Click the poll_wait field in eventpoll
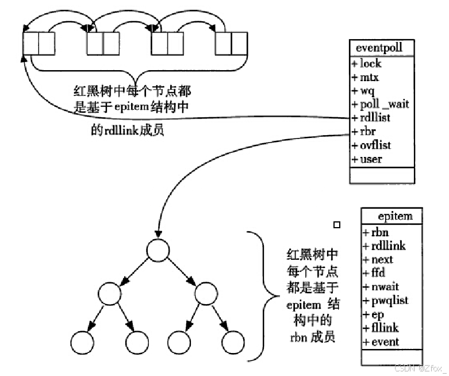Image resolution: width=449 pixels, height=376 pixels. coord(380,104)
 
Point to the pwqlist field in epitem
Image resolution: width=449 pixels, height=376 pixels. coord(386,301)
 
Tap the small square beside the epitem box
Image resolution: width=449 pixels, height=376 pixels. coord(337,224)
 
